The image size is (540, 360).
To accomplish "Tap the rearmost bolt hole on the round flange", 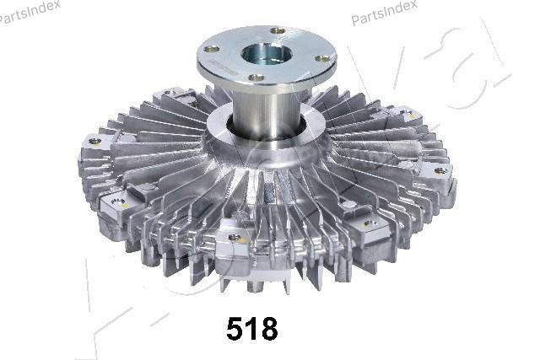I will click(278, 31).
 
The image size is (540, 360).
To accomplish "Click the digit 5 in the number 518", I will click(237, 328).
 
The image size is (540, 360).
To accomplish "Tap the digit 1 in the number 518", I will click(253, 328).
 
